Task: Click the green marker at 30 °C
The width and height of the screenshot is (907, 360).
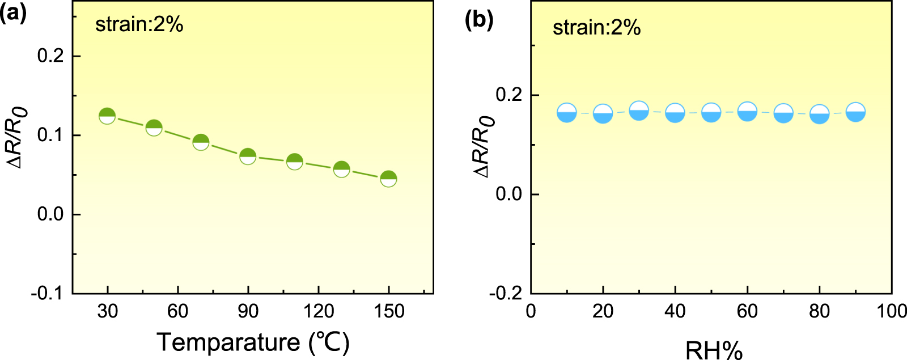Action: pos(107,116)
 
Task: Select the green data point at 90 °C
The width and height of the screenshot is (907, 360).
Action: pos(248,156)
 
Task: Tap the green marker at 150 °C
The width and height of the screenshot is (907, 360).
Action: pos(388,179)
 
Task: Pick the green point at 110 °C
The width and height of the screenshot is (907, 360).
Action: pos(294,162)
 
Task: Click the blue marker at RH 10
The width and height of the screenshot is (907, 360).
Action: pos(567,113)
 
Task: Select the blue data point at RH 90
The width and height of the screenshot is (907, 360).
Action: pos(855,112)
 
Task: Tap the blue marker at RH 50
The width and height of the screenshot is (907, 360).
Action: pos(711,112)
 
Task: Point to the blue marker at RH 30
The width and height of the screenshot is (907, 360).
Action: pos(639,110)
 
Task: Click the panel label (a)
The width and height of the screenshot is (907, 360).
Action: pos(13,12)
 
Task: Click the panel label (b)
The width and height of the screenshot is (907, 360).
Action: pos(479,20)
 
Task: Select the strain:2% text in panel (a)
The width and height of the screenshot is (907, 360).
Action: pos(139,24)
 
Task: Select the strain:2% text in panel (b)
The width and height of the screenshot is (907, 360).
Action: pos(596,27)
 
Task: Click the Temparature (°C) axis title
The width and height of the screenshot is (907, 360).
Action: pos(253,342)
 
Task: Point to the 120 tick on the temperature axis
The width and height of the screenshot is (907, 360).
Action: pos(318,311)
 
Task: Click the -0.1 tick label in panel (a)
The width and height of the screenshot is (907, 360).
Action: pos(47,294)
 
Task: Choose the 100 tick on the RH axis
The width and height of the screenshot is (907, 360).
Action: pos(892,311)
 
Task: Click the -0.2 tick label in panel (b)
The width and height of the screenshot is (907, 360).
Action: pos(506,294)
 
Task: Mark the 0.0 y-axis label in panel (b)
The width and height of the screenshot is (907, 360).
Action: pos(509,194)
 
